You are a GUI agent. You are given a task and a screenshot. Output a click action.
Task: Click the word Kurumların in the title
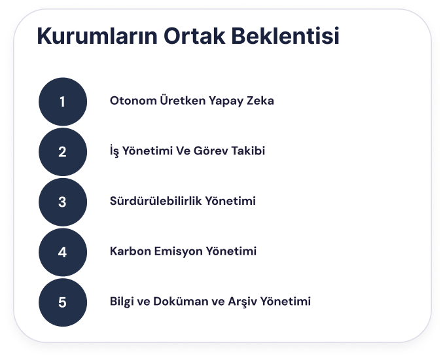(97, 36)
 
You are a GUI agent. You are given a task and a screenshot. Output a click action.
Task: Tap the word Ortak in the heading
(194, 36)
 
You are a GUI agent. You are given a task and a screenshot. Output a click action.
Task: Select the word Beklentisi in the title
(285, 36)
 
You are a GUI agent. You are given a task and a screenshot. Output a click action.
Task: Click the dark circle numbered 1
(63, 101)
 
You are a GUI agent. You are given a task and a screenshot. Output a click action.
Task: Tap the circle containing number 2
(63, 152)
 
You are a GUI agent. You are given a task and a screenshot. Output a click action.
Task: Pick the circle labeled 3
(63, 202)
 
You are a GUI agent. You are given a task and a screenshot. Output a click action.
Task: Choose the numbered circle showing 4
(63, 252)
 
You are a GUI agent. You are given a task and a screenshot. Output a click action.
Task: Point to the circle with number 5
(63, 302)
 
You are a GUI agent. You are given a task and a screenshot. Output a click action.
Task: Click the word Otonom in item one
(133, 101)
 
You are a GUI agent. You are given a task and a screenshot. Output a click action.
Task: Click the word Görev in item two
(211, 151)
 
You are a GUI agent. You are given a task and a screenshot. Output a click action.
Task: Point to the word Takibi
(248, 151)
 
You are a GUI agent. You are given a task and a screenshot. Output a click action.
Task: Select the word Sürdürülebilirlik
(156, 201)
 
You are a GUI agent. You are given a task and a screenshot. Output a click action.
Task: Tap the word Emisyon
(178, 251)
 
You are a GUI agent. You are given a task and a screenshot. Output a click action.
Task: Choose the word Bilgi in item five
(122, 302)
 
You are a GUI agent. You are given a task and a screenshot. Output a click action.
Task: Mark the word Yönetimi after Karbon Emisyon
(231, 251)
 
